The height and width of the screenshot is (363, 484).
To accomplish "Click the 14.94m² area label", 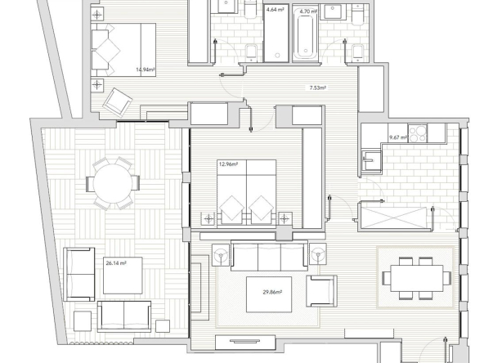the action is (x=145, y=69).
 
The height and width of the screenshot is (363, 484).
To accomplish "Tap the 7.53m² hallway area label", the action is (x=318, y=88).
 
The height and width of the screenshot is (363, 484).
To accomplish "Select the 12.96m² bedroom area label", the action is (x=228, y=164).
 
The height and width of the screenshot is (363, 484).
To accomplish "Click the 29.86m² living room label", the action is (x=272, y=292).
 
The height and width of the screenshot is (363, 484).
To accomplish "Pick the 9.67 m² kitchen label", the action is (x=399, y=137).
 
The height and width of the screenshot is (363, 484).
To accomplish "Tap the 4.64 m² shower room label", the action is (x=275, y=10).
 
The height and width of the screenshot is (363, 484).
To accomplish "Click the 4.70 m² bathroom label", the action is (x=308, y=11).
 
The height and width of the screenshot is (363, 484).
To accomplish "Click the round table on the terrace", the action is (x=113, y=183).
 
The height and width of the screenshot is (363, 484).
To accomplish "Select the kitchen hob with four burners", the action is (x=418, y=133).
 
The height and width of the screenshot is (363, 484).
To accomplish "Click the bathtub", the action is (x=306, y=34).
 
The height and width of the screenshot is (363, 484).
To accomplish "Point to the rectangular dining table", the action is (x=416, y=278).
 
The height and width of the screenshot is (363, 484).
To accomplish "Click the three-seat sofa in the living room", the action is (x=269, y=256).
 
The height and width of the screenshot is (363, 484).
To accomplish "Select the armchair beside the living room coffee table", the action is (x=321, y=291).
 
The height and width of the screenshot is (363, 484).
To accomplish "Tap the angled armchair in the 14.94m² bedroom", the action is (x=118, y=102).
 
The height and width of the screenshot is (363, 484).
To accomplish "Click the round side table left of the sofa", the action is (x=221, y=254).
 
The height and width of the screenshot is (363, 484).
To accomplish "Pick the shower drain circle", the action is (x=277, y=56).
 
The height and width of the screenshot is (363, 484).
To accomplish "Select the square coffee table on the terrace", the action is (x=123, y=276).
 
